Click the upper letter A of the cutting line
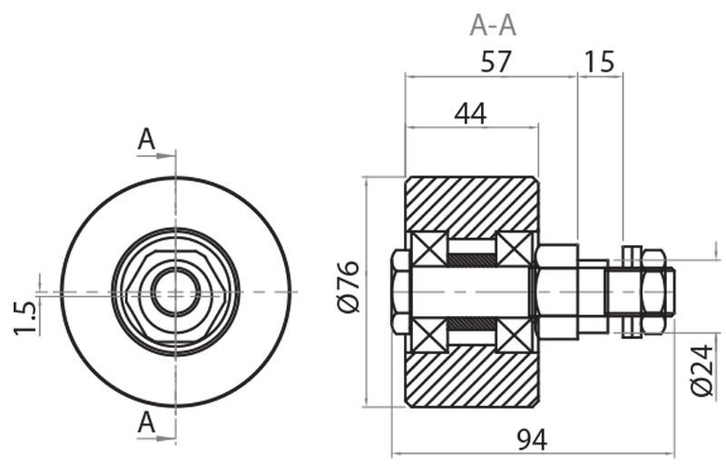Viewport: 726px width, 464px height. point(146,139)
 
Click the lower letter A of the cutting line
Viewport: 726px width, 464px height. point(146,421)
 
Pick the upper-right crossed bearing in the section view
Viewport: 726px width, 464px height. point(515,249)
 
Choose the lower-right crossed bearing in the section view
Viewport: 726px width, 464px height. point(515,335)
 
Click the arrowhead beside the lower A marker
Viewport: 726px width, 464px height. point(166,438)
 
